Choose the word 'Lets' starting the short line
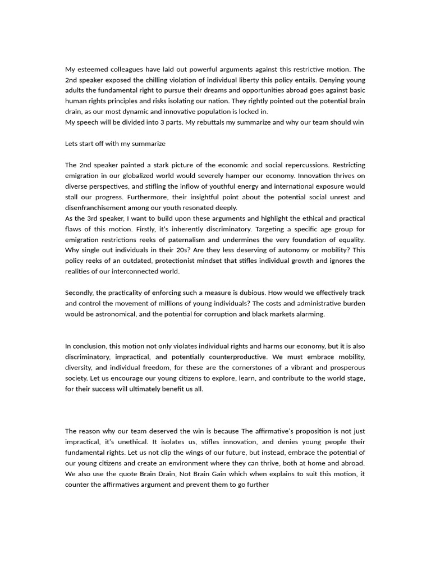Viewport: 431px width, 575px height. (x=72, y=144)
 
